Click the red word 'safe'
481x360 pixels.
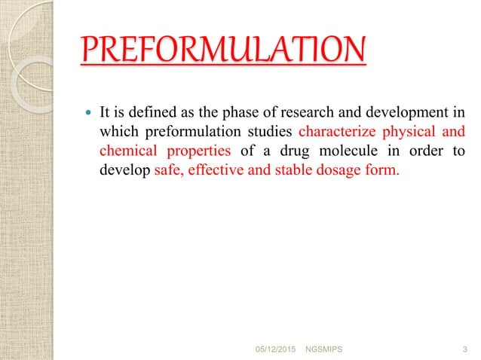[x=167, y=170]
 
